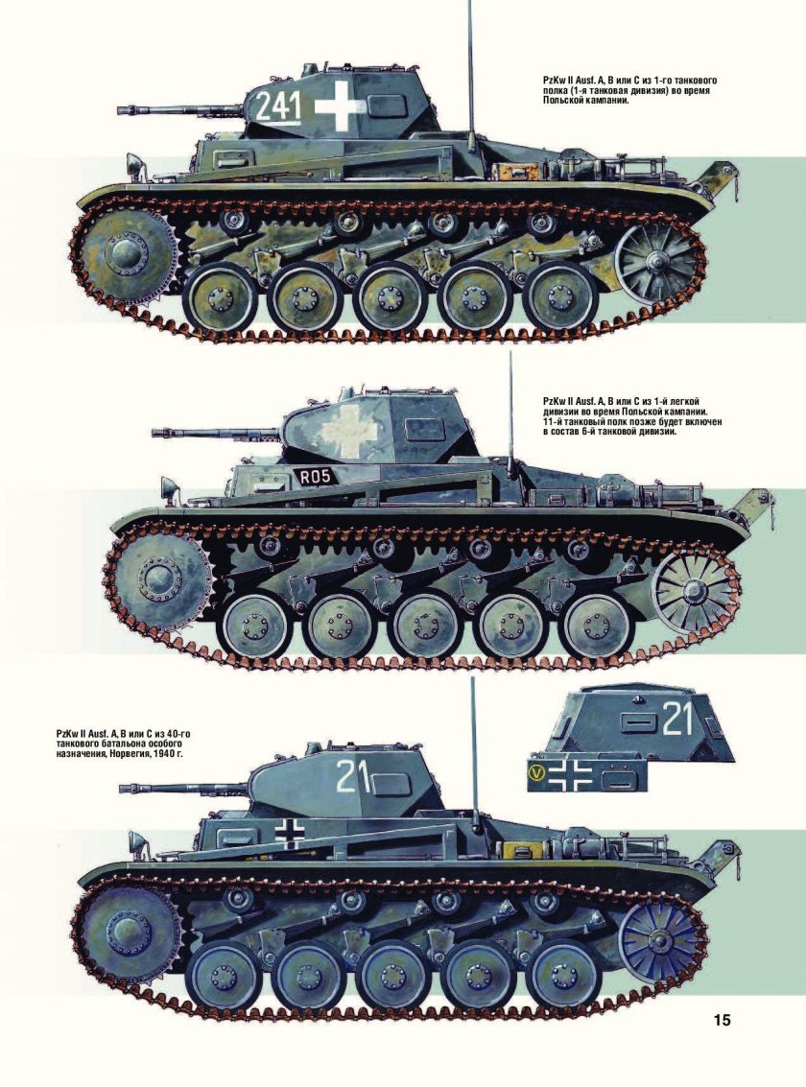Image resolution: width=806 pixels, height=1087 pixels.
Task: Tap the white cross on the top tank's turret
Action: tap(338, 106)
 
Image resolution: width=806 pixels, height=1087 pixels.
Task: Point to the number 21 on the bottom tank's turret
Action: tap(353, 775)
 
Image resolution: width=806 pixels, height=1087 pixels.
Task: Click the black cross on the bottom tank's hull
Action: tap(289, 832)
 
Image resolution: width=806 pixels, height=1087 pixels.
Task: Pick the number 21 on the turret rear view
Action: tap(677, 719)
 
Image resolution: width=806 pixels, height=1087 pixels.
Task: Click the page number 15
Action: tap(723, 1020)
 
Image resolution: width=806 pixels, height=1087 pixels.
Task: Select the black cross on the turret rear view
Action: tap(568, 776)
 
